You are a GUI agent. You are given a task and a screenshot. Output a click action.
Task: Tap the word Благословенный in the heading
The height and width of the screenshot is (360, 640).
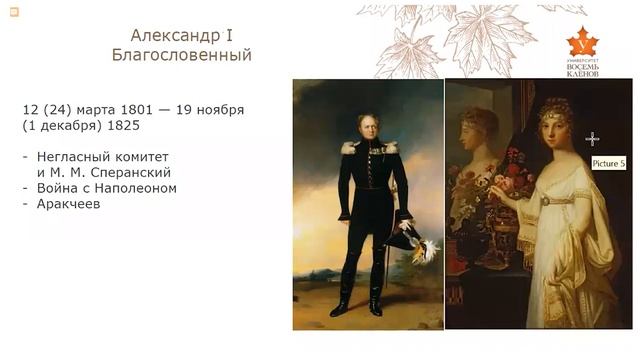click(x=181, y=56)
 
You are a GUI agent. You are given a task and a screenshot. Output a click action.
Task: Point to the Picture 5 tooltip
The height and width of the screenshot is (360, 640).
click(x=607, y=162)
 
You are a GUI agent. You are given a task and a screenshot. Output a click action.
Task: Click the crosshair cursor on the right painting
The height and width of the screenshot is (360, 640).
click(x=592, y=138)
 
